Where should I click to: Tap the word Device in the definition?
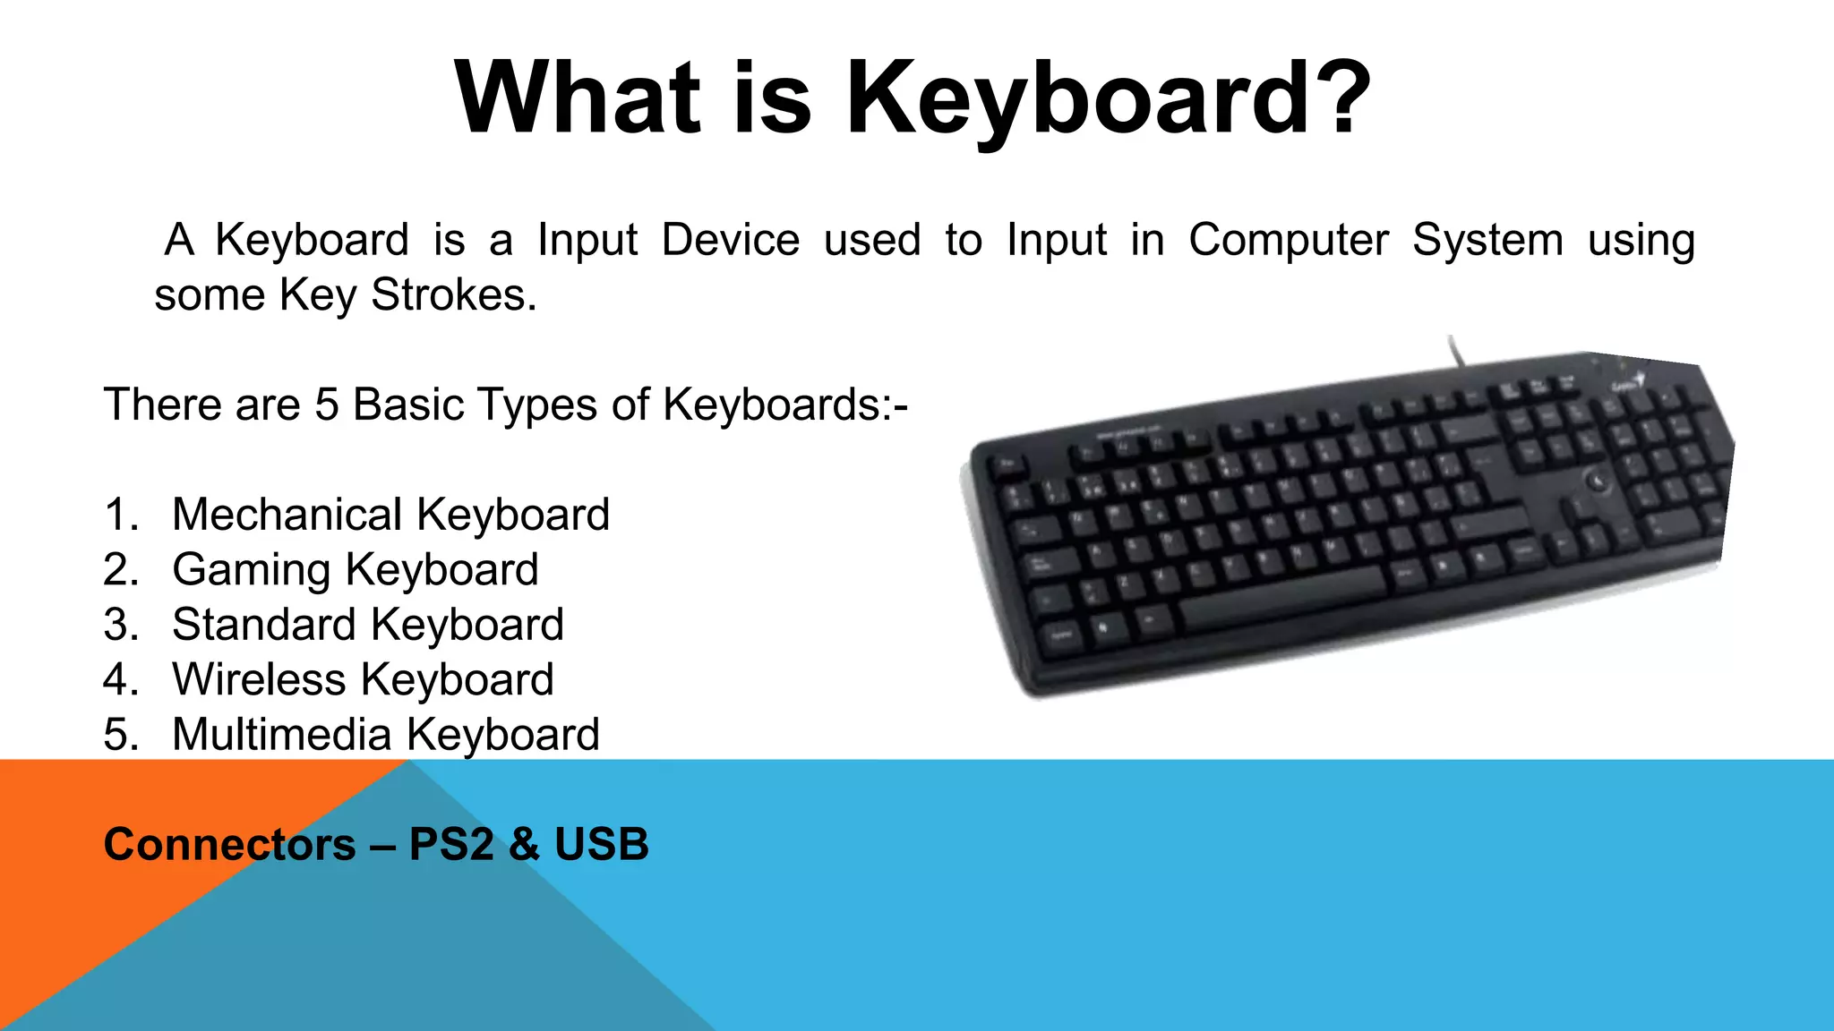[730, 240]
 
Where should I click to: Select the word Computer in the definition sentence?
[1288, 240]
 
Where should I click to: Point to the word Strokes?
[453, 294]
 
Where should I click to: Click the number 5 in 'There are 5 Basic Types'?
[327, 405]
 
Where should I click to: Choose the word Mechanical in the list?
[287, 515]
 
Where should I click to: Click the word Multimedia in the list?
[281, 735]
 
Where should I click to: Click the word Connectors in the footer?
[229, 844]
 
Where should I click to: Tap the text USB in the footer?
[601, 844]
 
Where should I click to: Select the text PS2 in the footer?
[450, 844]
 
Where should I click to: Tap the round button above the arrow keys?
[1597, 481]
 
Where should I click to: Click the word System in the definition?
[1487, 240]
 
